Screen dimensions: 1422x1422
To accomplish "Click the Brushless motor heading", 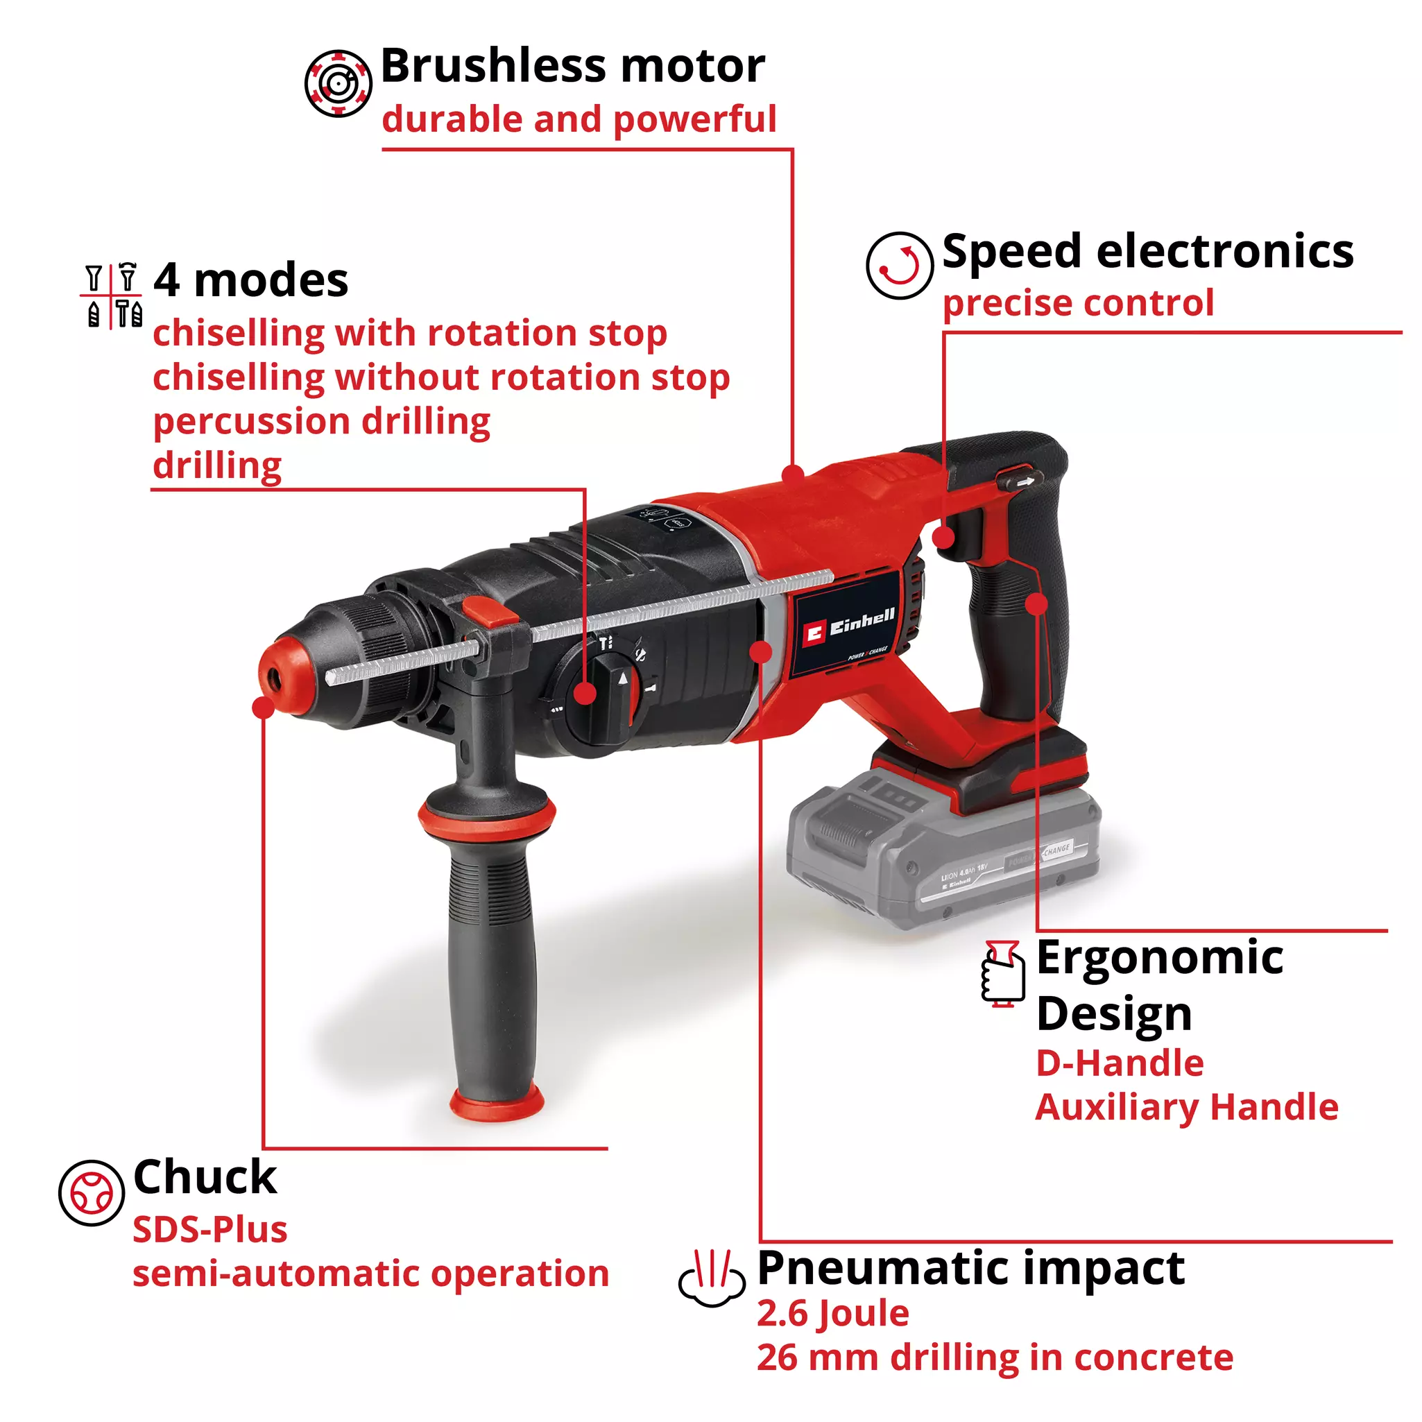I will [x=573, y=66].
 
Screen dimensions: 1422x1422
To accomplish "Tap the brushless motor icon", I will [x=338, y=83].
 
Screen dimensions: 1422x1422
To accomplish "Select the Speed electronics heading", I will [x=1147, y=252].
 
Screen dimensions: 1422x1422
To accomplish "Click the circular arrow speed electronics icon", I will [x=900, y=265].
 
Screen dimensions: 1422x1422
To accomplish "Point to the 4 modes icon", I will [x=112, y=296].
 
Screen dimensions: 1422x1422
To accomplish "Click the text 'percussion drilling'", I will [x=322, y=422].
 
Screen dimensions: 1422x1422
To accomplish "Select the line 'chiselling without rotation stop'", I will [x=441, y=377].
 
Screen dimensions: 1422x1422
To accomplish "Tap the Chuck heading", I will [x=205, y=1177].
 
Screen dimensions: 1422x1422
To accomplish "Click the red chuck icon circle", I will [x=92, y=1193].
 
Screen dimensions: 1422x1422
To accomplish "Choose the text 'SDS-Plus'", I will [x=209, y=1230].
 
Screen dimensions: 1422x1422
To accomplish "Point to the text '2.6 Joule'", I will [x=833, y=1314].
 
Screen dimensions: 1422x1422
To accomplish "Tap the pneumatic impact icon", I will [x=712, y=1278].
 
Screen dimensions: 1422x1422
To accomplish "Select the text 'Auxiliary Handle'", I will [x=1186, y=1107].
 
